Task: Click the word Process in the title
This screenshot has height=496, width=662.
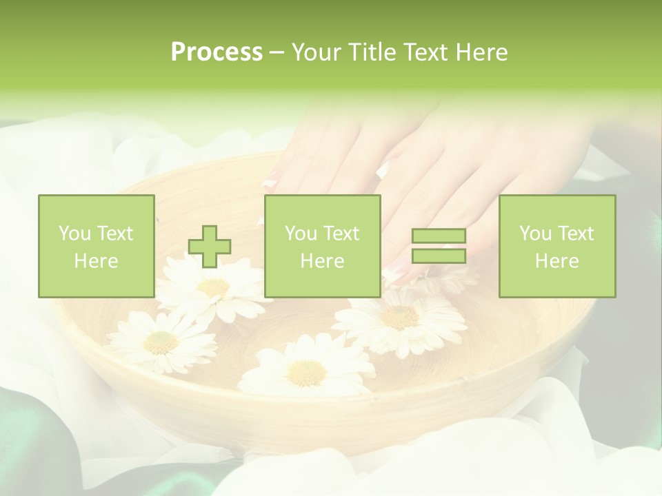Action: (217, 52)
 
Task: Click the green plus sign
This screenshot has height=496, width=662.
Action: (210, 247)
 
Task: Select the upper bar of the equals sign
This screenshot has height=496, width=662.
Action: (439, 236)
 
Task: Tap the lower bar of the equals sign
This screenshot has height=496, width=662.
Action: (439, 256)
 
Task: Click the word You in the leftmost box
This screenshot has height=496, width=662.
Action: (74, 234)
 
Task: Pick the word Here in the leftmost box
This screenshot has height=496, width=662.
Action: (96, 261)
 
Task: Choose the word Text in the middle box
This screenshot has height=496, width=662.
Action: (340, 234)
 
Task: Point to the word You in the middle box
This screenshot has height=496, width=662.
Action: (301, 234)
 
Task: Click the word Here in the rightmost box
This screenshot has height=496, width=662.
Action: (556, 261)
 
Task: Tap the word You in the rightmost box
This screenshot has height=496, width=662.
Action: (534, 234)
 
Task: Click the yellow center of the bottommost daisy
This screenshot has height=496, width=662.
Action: (305, 373)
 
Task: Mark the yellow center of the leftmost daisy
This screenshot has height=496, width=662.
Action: (161, 341)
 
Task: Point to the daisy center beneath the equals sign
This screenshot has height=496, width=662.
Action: (399, 316)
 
